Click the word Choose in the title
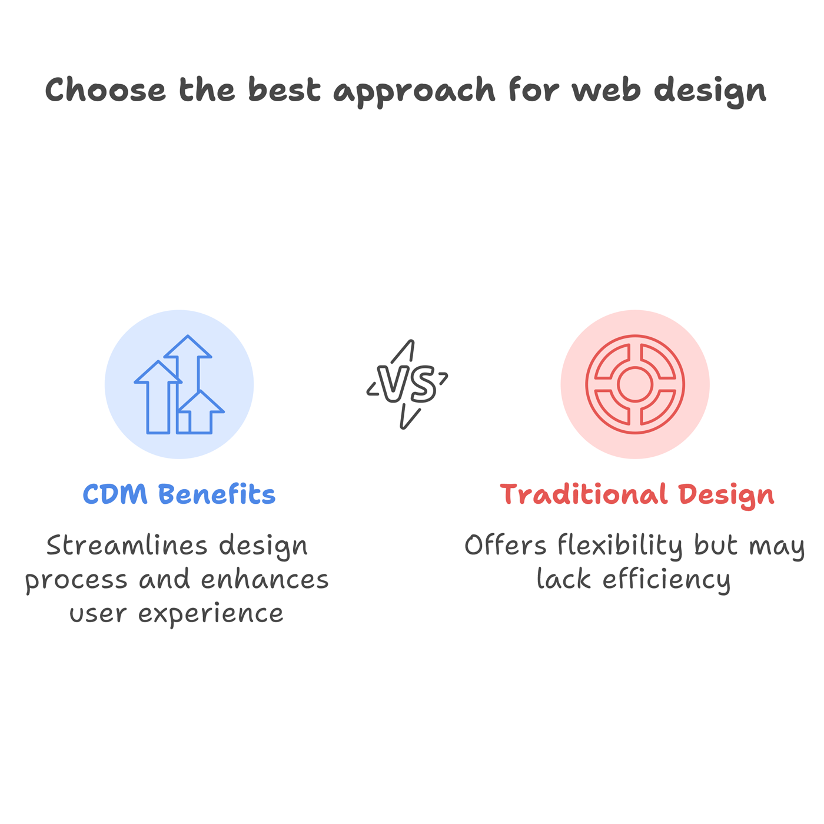pyautogui.click(x=105, y=89)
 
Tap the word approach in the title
pyautogui.click(x=414, y=92)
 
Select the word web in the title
pyautogui.click(x=606, y=89)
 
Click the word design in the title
pyautogui.click(x=710, y=92)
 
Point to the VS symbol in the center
pyautogui.click(x=407, y=384)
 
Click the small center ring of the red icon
pyautogui.click(x=634, y=384)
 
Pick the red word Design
pyautogui.click(x=726, y=496)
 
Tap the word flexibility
pyautogui.click(x=620, y=547)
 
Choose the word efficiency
pyautogui.click(x=666, y=581)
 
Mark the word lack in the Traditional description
pyautogui.click(x=564, y=579)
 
